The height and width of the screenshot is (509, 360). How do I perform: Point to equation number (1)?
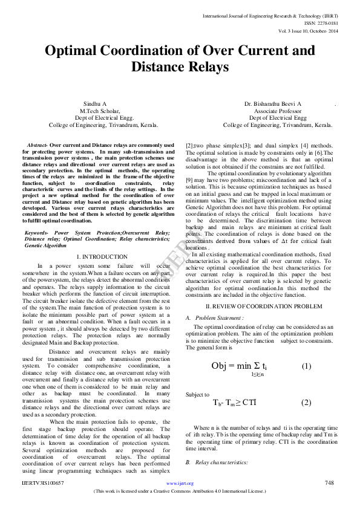[306, 366]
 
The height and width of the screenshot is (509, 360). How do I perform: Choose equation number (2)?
[306, 403]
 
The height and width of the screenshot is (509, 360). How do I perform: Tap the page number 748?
[329, 483]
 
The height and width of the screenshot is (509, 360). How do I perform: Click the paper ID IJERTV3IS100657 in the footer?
[42, 484]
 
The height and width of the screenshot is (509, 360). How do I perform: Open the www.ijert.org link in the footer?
[180, 484]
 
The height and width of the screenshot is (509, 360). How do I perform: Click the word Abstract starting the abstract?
[37, 146]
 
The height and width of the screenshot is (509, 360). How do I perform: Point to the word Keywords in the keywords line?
[36, 232]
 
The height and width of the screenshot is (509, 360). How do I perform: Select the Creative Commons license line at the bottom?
[180, 491]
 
